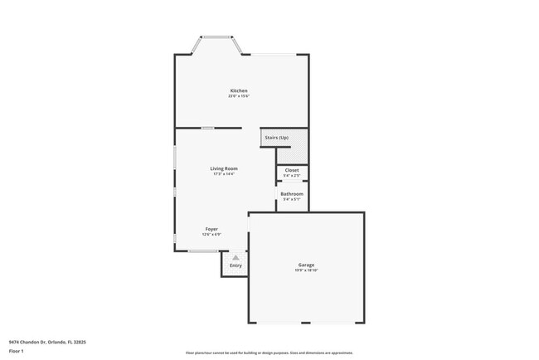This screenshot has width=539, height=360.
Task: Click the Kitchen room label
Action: point(239,90)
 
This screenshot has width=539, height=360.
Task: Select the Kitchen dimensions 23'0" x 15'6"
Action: point(239,96)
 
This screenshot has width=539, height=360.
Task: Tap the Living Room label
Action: point(224,168)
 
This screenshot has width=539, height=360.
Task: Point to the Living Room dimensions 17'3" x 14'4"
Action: point(224,174)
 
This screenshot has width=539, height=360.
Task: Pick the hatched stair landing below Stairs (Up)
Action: point(291,155)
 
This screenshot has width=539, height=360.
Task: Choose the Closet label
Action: point(291,170)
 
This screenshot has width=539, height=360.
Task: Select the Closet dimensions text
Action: point(291,176)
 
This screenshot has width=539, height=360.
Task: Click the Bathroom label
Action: point(291,193)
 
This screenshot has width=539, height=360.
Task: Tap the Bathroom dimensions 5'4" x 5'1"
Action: point(291,199)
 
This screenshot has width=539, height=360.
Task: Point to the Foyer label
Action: point(211,228)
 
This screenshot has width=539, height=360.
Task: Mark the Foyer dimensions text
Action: point(211,234)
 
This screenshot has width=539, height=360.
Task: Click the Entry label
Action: point(236,265)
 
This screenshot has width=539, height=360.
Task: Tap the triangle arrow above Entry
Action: point(236,258)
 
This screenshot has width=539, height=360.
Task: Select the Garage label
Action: point(306,265)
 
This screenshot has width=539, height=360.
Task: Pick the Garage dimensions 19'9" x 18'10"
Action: point(306,271)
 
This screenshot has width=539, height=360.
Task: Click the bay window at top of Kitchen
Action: point(218,36)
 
